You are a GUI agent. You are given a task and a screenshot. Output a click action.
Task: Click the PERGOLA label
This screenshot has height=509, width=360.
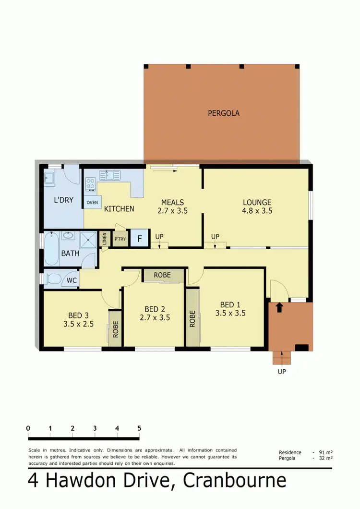[224, 114]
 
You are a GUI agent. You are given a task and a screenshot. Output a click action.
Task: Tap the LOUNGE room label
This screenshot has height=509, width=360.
[257, 203]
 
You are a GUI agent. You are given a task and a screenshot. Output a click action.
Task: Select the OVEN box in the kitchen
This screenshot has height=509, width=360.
[93, 202]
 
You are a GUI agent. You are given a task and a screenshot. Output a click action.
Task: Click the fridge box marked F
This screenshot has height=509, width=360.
[140, 239]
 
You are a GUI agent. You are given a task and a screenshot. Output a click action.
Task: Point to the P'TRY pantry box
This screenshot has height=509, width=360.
[120, 239]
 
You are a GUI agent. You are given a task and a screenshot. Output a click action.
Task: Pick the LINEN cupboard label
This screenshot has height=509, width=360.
[105, 239]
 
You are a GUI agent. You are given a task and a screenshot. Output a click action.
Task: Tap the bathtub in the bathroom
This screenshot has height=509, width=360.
[51, 249]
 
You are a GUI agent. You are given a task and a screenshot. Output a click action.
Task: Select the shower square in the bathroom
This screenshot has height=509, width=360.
[87, 239]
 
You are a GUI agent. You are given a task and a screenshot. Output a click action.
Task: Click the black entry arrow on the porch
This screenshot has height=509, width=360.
[280, 307]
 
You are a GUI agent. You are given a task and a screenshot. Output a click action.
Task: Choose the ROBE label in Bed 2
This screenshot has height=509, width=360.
[164, 276]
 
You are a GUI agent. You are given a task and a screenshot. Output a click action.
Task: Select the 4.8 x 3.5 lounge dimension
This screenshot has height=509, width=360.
[257, 210]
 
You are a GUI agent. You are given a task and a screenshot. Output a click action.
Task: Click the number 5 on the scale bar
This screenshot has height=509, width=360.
[139, 428]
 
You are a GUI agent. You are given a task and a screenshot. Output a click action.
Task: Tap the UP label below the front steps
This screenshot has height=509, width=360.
[281, 371]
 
